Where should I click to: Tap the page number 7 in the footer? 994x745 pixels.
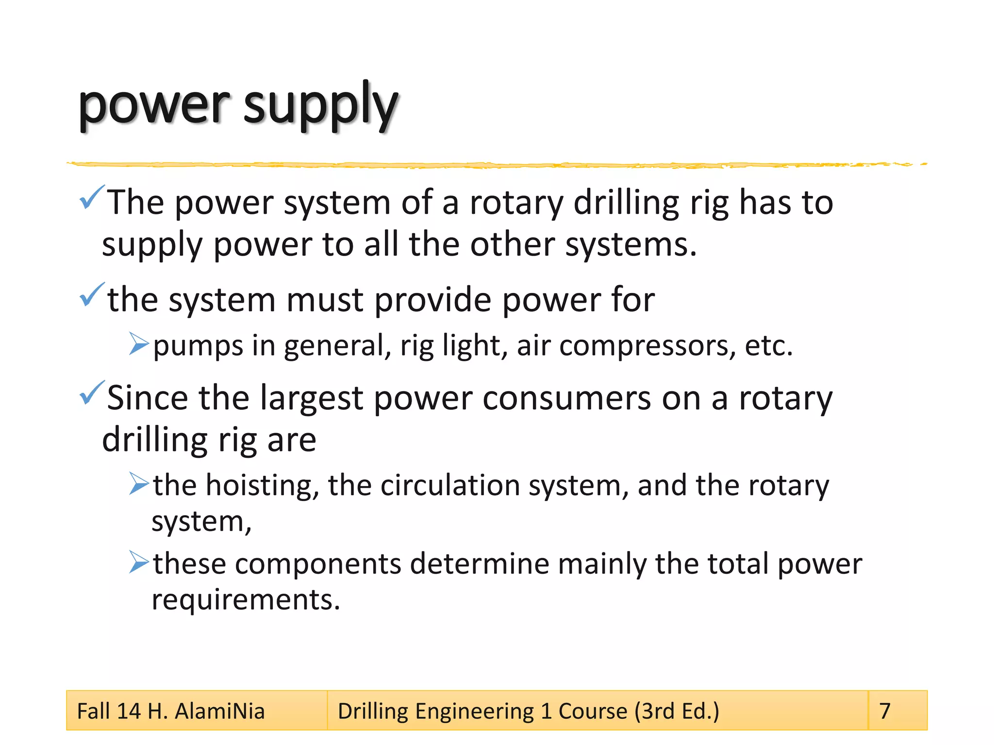point(885,711)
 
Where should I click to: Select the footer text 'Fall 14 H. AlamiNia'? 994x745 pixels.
point(171,712)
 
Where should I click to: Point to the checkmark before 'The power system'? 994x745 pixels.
point(91,197)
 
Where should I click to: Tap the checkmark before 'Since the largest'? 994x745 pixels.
point(91,393)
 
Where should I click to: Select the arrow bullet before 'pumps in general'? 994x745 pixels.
point(139,344)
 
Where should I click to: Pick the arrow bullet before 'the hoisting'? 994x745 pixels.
point(139,484)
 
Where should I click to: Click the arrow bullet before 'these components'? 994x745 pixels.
point(139,562)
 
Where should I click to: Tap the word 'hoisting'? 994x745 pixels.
point(263,485)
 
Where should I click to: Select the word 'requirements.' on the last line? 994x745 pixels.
point(246,600)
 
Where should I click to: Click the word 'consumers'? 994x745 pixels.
point(566,398)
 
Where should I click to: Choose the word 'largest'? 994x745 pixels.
point(311,399)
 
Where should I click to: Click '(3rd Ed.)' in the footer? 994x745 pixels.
point(677,712)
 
